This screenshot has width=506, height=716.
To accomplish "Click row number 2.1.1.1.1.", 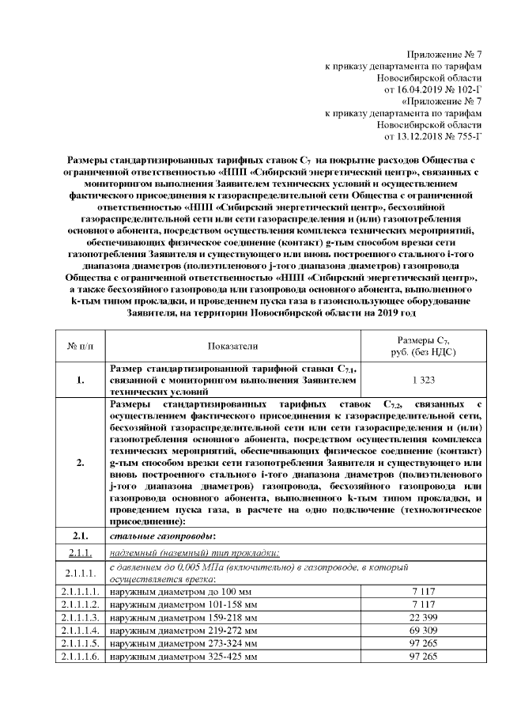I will point(78,590).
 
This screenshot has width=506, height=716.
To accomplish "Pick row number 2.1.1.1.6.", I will point(78,657).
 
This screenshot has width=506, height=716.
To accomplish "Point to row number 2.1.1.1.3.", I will point(78,616).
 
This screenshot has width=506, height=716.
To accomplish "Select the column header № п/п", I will point(78,346).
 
